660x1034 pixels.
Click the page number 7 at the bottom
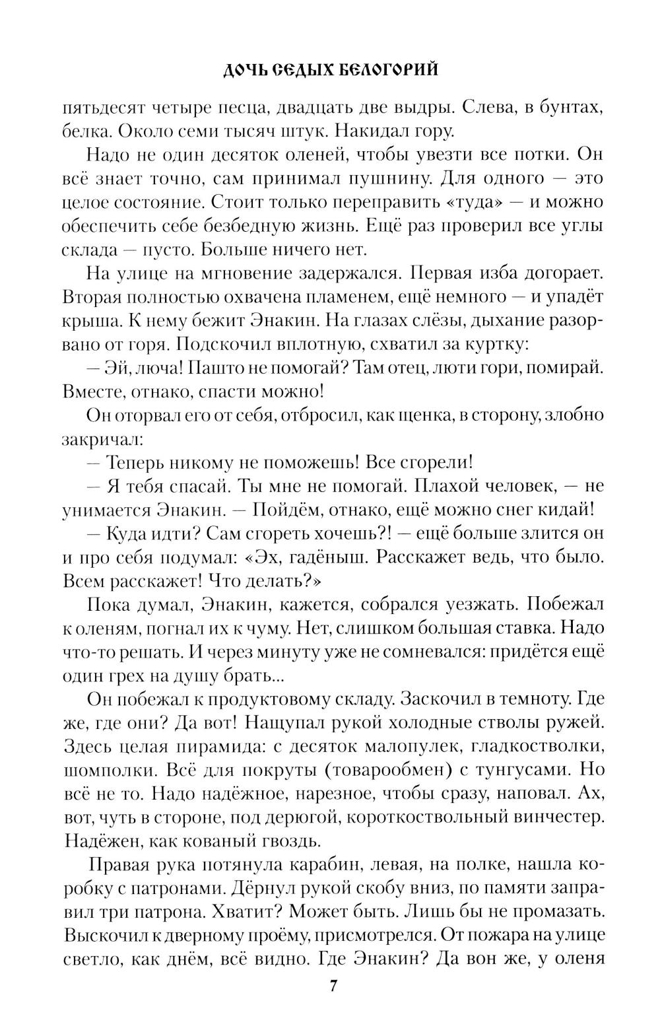(333, 1006)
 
